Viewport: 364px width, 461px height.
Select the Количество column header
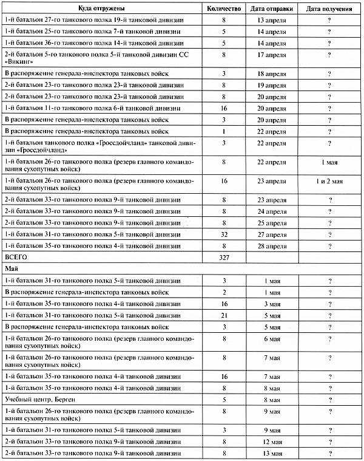point(224,9)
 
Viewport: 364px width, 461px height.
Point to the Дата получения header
point(330,9)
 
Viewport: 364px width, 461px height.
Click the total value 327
point(224,257)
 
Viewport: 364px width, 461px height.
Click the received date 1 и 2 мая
point(330,182)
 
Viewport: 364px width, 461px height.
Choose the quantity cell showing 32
point(224,234)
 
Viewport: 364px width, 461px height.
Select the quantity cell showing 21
point(224,315)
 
